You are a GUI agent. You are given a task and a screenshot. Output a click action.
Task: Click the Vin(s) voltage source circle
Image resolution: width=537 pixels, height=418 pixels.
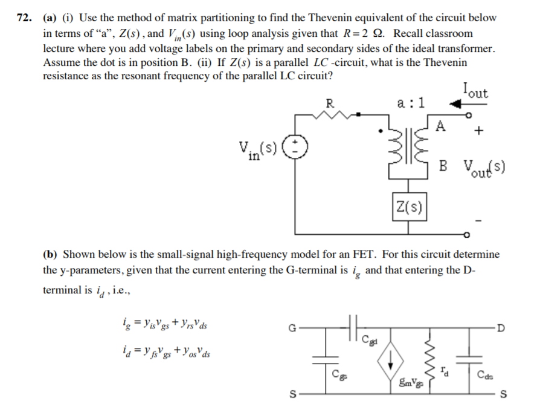click(295, 147)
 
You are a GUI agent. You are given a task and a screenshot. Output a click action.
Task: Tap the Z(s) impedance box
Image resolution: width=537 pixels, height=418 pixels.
click(410, 206)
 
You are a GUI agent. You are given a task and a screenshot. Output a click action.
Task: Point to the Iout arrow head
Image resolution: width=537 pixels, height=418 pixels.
click(455, 103)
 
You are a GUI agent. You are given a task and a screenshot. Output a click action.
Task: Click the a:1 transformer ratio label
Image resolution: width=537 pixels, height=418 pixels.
click(411, 102)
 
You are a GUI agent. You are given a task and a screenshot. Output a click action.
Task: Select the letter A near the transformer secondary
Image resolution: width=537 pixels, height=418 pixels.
click(440, 126)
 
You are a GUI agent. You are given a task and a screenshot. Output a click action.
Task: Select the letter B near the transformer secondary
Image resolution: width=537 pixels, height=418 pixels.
click(443, 166)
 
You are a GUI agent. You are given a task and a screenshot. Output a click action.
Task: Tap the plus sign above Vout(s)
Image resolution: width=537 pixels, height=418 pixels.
click(479, 130)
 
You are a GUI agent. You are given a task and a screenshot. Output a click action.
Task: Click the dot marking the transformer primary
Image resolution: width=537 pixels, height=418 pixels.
click(380, 131)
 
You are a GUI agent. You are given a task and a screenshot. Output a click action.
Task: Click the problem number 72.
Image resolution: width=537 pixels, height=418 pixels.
click(25, 18)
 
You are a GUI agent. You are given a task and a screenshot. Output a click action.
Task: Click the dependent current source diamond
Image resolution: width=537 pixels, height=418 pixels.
click(390, 361)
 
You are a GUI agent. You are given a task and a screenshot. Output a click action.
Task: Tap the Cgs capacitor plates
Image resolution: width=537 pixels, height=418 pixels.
click(326, 360)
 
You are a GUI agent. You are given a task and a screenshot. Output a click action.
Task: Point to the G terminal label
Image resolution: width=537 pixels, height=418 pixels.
click(292, 328)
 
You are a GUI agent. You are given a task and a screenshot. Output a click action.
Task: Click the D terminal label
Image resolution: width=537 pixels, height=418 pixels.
click(501, 328)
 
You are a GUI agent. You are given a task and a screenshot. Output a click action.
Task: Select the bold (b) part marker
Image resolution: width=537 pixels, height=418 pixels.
click(50, 255)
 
